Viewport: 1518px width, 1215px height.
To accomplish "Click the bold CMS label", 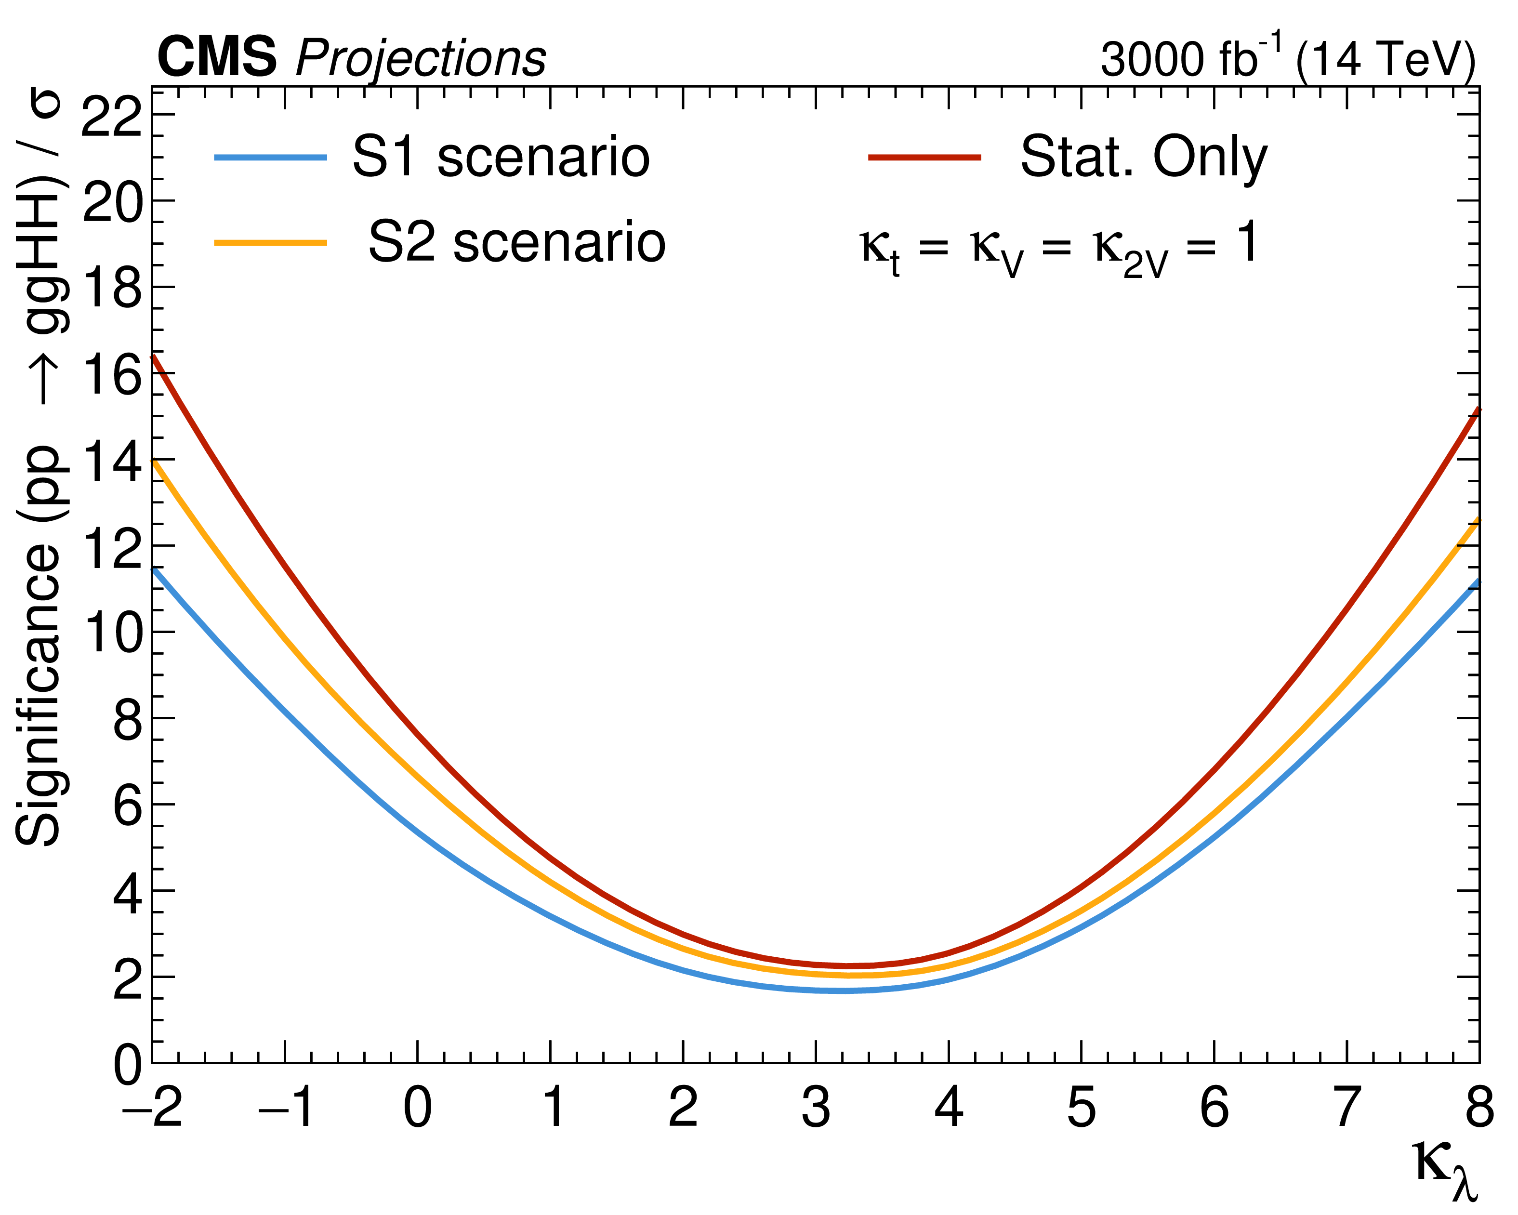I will click(217, 58).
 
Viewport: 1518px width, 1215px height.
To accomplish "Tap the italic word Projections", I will click(421, 59).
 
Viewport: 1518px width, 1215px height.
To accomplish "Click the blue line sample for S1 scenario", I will click(271, 158).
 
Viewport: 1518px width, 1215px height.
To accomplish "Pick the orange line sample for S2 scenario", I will click(271, 243).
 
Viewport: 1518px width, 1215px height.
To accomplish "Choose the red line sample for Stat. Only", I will click(924, 158).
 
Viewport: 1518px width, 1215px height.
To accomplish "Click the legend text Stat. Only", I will click(1143, 158).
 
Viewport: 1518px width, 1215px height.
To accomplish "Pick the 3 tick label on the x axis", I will click(816, 1108).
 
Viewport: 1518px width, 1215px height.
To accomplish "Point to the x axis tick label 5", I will click(1082, 1108).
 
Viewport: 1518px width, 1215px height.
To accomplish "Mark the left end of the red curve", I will click(154, 357).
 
